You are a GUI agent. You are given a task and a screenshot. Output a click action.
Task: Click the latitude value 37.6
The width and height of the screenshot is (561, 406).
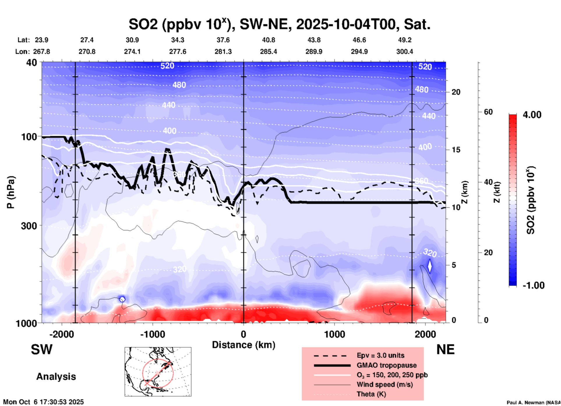pyautogui.click(x=223, y=40)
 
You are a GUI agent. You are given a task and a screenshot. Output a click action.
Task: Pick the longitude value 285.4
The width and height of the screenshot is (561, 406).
pyautogui.click(x=268, y=52)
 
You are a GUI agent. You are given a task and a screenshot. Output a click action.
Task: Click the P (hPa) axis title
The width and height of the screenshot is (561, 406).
pyautogui.click(x=11, y=192)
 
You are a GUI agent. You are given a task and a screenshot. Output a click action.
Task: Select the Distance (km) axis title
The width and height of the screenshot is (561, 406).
pyautogui.click(x=244, y=345)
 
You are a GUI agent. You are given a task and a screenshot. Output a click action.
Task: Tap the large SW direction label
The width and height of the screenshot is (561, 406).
pyautogui.click(x=42, y=349)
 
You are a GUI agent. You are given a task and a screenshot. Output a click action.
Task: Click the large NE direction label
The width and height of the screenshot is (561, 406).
pyautogui.click(x=445, y=349)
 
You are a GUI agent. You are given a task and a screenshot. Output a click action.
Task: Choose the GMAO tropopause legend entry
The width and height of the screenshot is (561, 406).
pyautogui.click(x=387, y=365)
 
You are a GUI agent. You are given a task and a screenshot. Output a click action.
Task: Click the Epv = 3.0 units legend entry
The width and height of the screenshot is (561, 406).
pyautogui.click(x=380, y=355)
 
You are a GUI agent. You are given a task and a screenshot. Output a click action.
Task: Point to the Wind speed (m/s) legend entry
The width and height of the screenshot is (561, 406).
pyautogui.click(x=384, y=384)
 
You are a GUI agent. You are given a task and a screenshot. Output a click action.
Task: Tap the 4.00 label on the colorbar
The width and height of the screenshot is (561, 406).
pyautogui.click(x=532, y=115)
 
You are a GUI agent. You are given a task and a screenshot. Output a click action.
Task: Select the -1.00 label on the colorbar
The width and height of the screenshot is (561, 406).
pyautogui.click(x=533, y=285)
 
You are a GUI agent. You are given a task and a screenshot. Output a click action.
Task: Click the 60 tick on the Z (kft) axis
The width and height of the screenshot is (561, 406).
pyautogui.click(x=488, y=112)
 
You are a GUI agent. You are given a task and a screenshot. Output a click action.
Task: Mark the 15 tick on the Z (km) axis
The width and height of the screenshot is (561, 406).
pyautogui.click(x=456, y=150)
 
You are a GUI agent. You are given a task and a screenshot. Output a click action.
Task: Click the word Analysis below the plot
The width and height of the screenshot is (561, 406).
pyautogui.click(x=56, y=377)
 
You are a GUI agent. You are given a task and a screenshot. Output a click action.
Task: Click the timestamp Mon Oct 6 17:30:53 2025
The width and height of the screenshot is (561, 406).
pyautogui.click(x=43, y=402)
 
